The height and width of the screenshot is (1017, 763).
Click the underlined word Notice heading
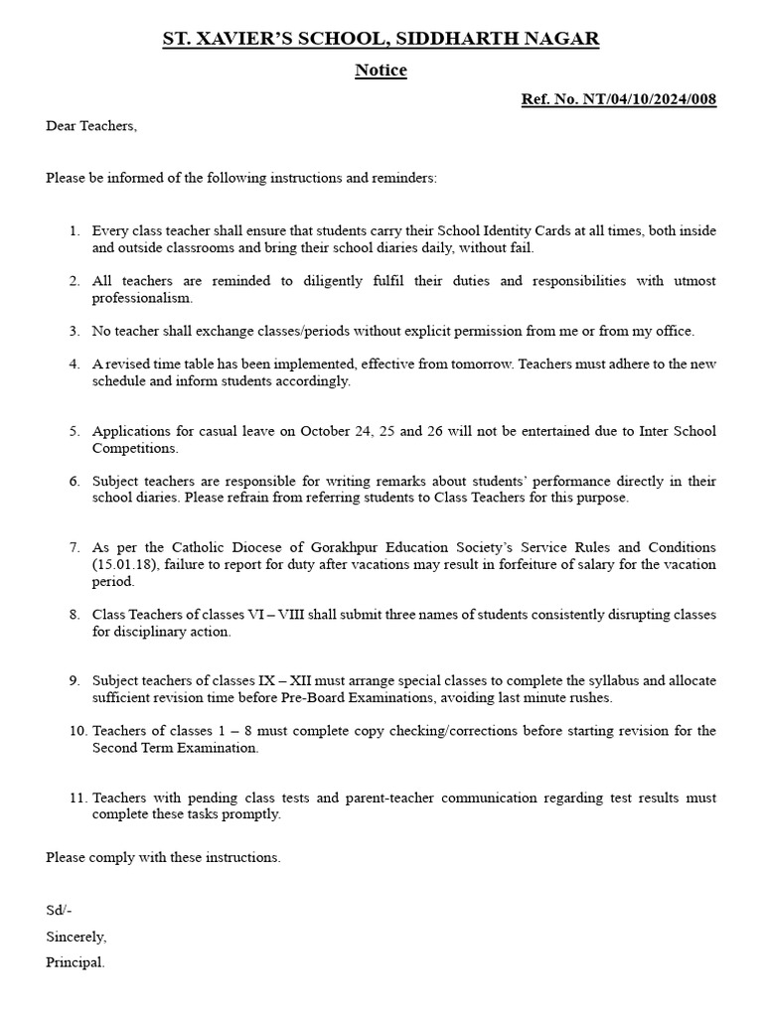click(381, 71)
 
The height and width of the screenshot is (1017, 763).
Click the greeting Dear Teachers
click(91, 126)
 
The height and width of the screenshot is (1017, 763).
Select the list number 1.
click(75, 230)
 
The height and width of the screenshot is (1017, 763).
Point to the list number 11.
click(77, 798)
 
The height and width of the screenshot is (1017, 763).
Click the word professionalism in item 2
click(142, 298)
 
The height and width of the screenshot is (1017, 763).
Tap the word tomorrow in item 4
click(415, 364)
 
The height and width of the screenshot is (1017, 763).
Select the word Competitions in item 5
click(132, 449)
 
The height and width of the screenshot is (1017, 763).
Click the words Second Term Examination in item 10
click(175, 749)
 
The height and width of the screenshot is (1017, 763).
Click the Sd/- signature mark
click(59, 910)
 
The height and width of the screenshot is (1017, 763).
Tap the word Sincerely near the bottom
click(76, 937)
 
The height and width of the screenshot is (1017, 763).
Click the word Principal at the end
click(75, 962)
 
